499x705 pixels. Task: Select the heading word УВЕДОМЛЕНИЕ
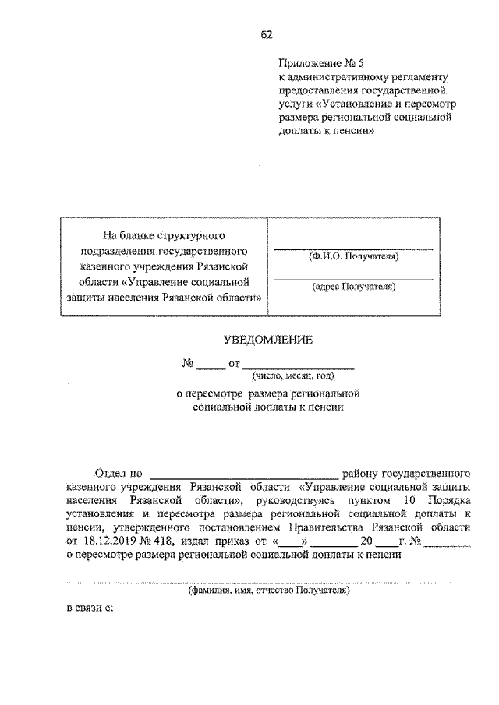click(267, 340)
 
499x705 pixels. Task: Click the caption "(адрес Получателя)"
click(352, 287)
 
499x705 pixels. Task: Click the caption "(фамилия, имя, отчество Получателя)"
click(268, 590)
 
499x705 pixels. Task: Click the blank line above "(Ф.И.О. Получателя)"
click(352, 248)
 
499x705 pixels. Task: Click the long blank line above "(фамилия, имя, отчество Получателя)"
click(265, 583)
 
